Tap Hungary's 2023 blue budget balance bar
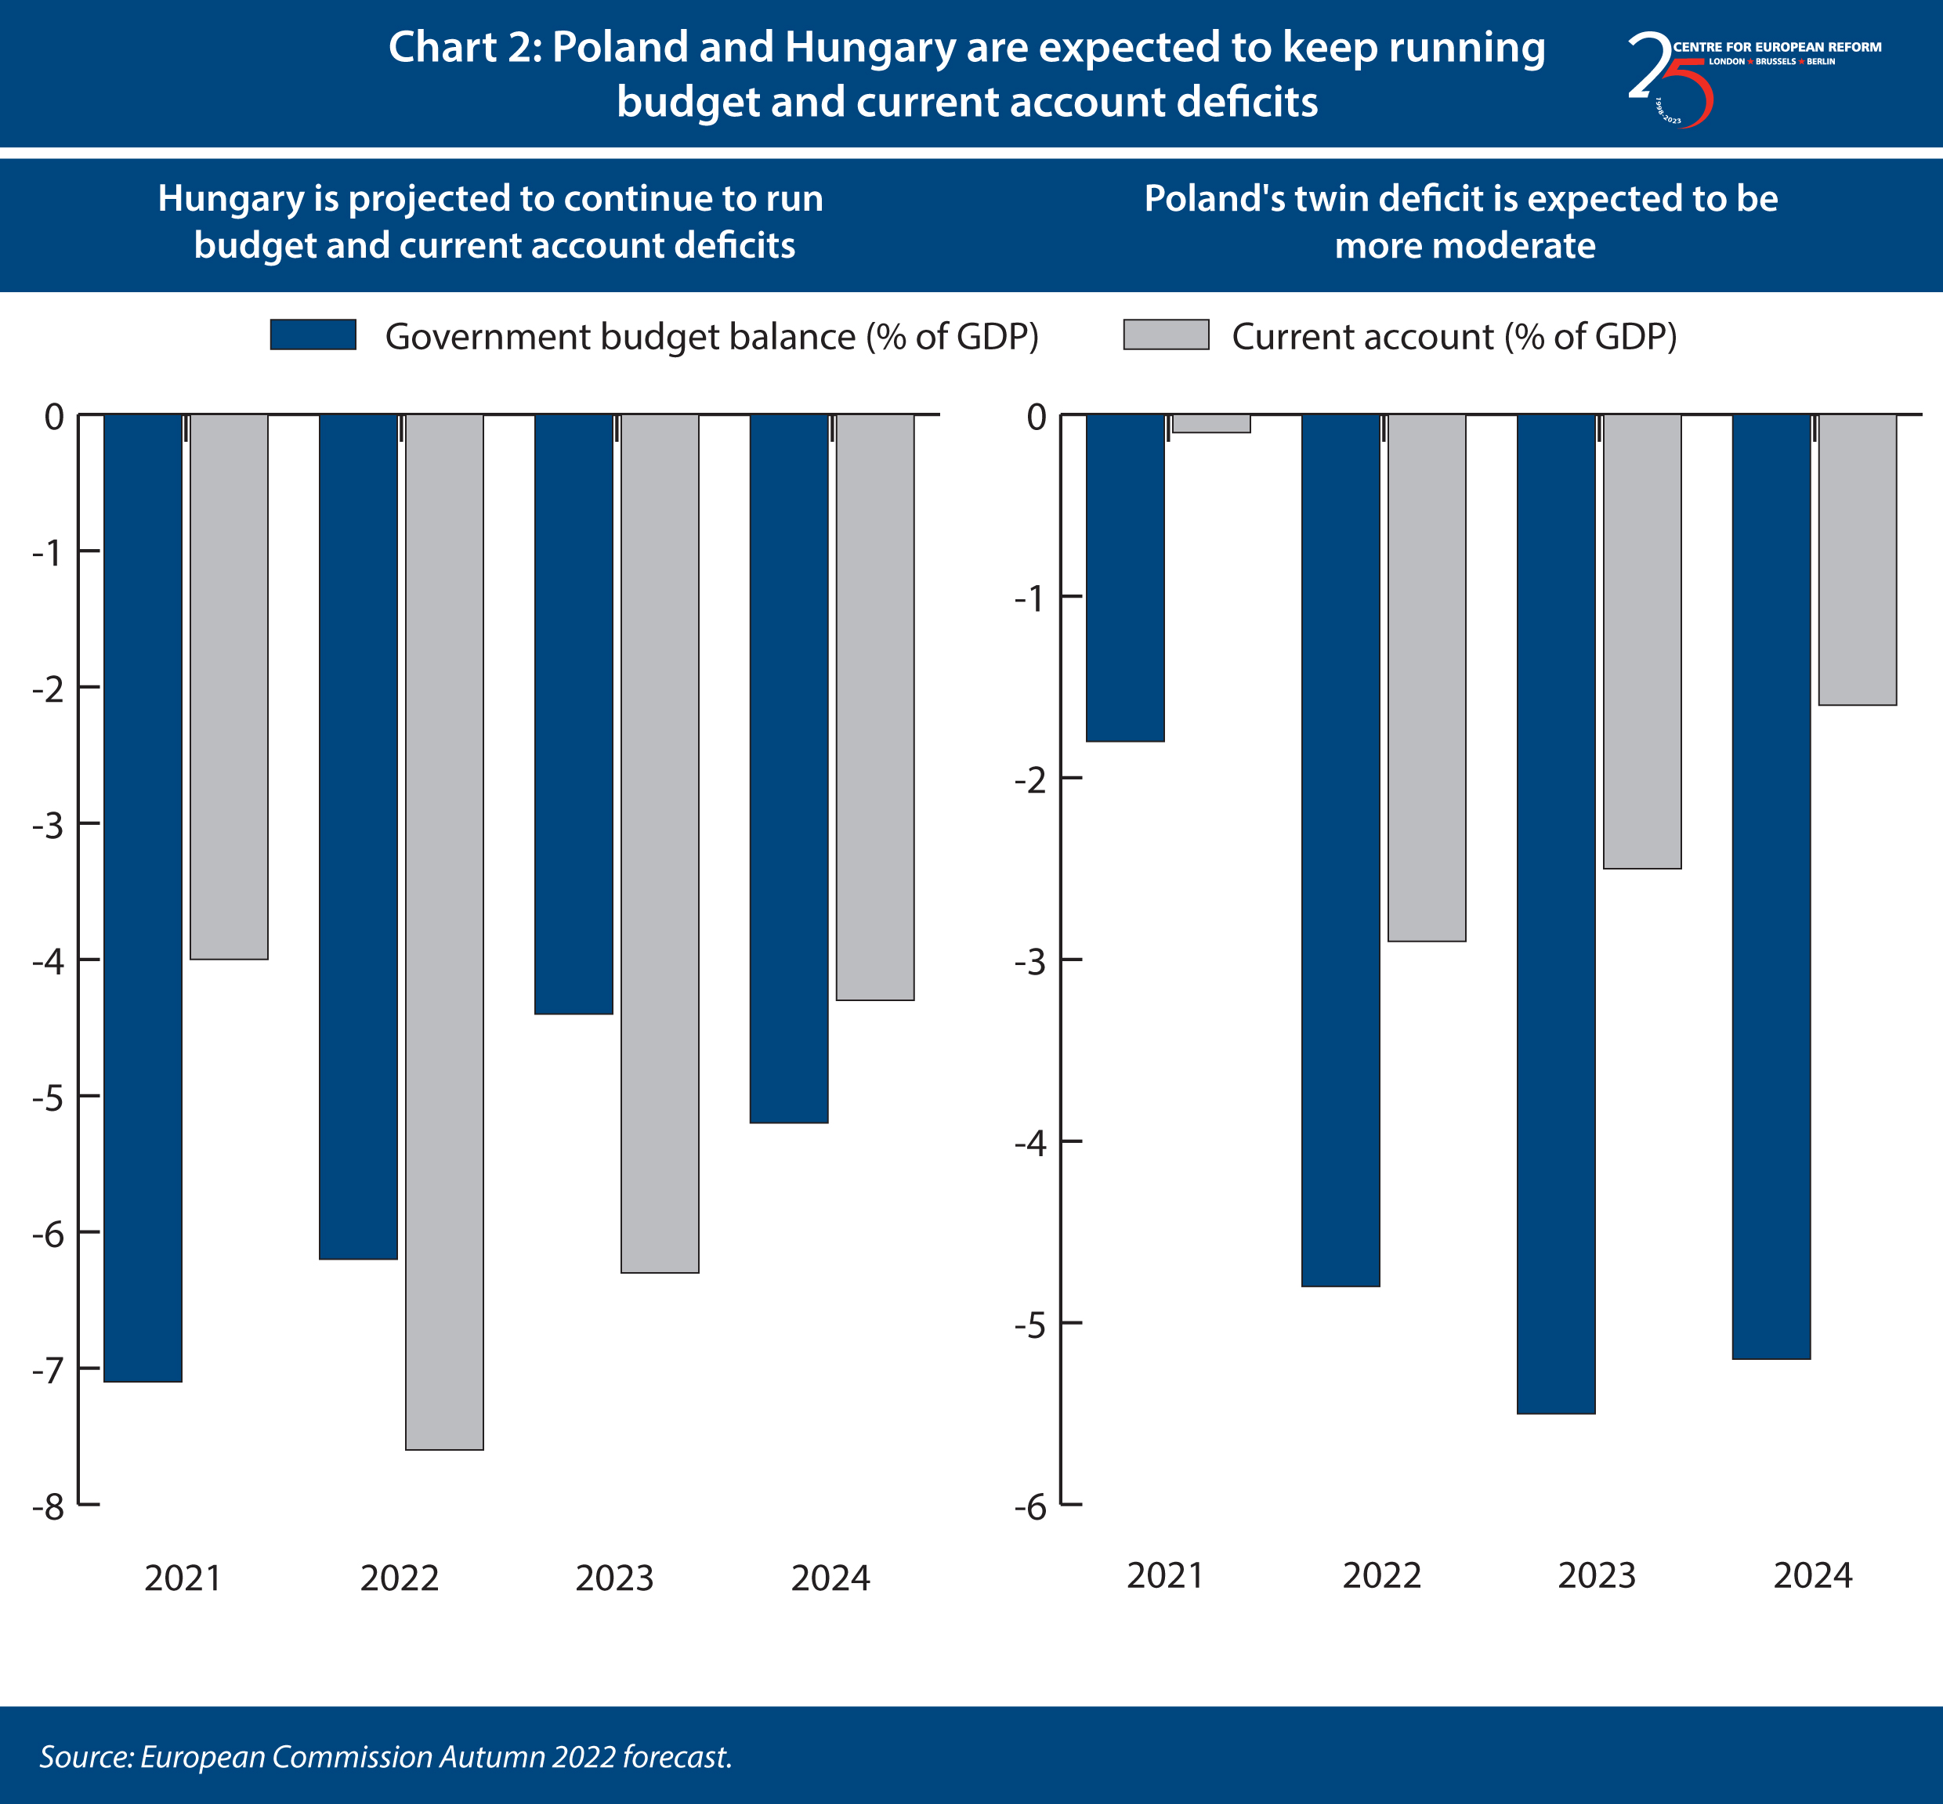coord(573,713)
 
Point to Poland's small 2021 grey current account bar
coord(1210,423)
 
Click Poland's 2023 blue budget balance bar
coord(1555,913)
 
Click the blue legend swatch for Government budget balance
coord(313,334)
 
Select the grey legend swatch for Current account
coord(1166,334)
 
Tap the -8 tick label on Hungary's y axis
coord(48,1507)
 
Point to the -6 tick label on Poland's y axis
coord(1030,1507)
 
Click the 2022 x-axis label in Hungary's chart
coord(400,1578)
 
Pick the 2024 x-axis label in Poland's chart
coord(1812,1575)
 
